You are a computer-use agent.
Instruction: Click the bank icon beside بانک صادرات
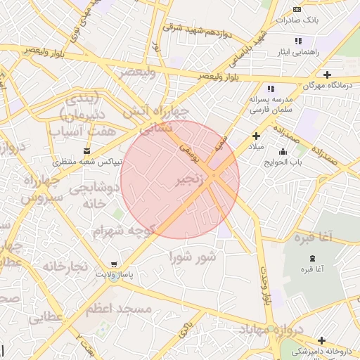point(297,8)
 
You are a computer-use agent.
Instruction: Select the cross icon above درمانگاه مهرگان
point(327,74)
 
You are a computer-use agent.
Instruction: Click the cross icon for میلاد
point(256,136)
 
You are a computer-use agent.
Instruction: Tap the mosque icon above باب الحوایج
point(283,151)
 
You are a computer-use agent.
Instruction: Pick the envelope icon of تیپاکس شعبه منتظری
point(87,150)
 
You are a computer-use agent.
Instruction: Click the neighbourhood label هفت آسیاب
point(77,131)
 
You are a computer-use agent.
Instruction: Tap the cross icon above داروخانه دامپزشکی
point(321,340)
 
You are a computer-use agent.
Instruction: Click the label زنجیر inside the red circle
point(193,181)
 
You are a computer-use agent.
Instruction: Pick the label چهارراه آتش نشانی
point(155,120)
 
